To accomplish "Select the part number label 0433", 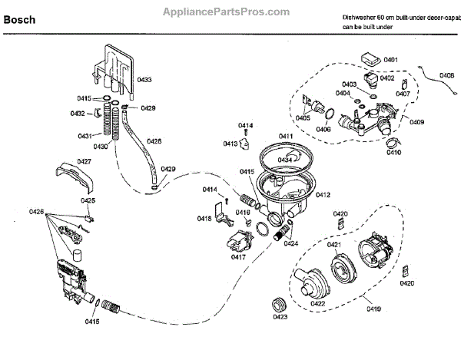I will tap(144, 79).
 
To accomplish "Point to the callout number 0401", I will tap(390, 60).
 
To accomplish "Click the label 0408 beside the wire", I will tap(446, 75).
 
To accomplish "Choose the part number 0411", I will tap(286, 136).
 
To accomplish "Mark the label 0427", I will tap(84, 162).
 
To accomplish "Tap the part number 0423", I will tap(280, 315).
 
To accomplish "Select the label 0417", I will tap(237, 256).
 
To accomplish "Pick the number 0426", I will tap(37, 212).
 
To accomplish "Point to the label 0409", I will tap(417, 122).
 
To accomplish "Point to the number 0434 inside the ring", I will tap(285, 160).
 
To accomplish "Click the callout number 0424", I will tap(290, 243).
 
